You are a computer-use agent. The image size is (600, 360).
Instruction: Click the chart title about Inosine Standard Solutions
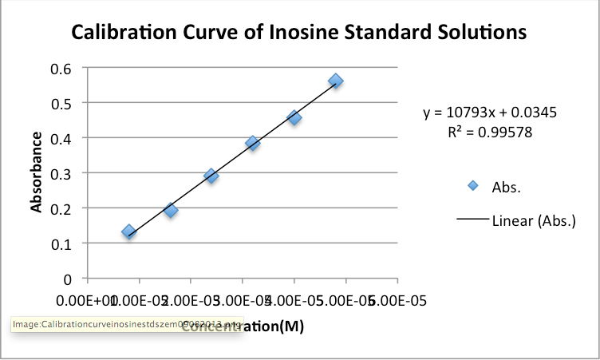pyautogui.click(x=299, y=33)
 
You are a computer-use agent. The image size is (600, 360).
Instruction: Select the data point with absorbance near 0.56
pyautogui.click(x=336, y=81)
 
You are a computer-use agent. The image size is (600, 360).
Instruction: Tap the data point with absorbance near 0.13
pyautogui.click(x=128, y=231)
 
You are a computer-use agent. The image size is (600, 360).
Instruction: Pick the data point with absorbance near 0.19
pyautogui.click(x=171, y=211)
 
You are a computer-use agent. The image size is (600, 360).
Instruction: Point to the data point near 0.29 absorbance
pyautogui.click(x=211, y=176)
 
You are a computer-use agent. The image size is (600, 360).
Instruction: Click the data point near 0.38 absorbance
pyautogui.click(x=253, y=144)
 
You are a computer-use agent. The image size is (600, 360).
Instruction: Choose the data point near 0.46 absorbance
pyautogui.click(x=294, y=117)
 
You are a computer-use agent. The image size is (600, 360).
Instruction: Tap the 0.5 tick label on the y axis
pyautogui.click(x=62, y=103)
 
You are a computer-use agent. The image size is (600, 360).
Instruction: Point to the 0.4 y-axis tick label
pyautogui.click(x=62, y=138)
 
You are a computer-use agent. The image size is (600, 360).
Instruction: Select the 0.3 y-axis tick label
pyautogui.click(x=62, y=173)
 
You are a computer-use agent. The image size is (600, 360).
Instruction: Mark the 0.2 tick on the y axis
pyautogui.click(x=62, y=208)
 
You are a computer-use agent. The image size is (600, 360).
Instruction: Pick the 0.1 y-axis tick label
pyautogui.click(x=62, y=243)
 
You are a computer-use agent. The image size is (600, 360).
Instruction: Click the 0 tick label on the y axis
pyautogui.click(x=69, y=279)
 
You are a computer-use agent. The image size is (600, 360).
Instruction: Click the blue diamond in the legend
pyautogui.click(x=472, y=186)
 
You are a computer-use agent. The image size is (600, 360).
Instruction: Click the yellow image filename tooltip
pyautogui.click(x=127, y=325)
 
